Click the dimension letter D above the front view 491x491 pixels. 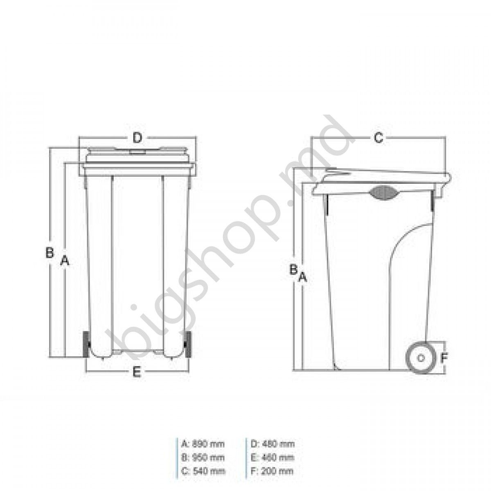coord(138,138)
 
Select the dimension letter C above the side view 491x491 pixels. coord(379,138)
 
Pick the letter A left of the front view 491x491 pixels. coord(64,260)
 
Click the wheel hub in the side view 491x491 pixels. coord(420,357)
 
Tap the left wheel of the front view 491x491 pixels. coord(86,345)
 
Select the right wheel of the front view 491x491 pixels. coord(189,345)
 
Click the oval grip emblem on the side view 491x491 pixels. coord(383,192)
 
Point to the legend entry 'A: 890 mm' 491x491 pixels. coord(203,444)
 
